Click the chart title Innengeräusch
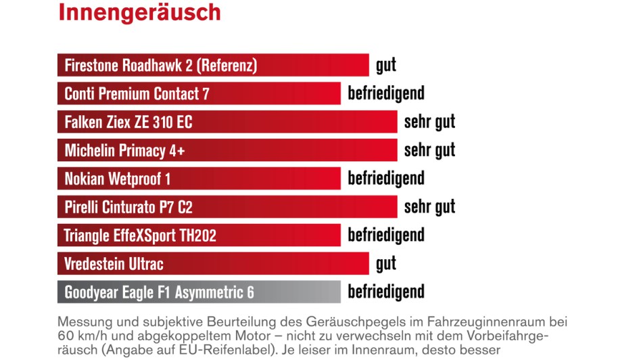pos(139,12)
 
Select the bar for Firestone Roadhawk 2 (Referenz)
pos(213,66)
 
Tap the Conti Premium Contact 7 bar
pos(199,93)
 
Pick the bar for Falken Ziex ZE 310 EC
pos(227,122)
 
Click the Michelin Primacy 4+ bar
pos(227,150)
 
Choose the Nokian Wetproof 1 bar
pos(199,179)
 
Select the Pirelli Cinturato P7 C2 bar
pos(227,207)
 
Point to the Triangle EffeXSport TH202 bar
pos(199,235)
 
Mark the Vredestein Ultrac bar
pos(213,263)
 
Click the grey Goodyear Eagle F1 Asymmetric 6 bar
pos(199,292)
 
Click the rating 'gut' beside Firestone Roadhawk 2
pos(386,66)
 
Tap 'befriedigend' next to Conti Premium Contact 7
pos(386,93)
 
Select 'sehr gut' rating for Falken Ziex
pos(429,122)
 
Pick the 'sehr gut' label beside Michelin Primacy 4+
pos(429,150)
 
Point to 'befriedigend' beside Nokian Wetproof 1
pos(386,179)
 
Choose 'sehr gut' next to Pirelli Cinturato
pos(429,207)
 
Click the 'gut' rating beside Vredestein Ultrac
pos(386,263)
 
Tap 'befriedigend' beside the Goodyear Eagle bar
pos(386,292)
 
